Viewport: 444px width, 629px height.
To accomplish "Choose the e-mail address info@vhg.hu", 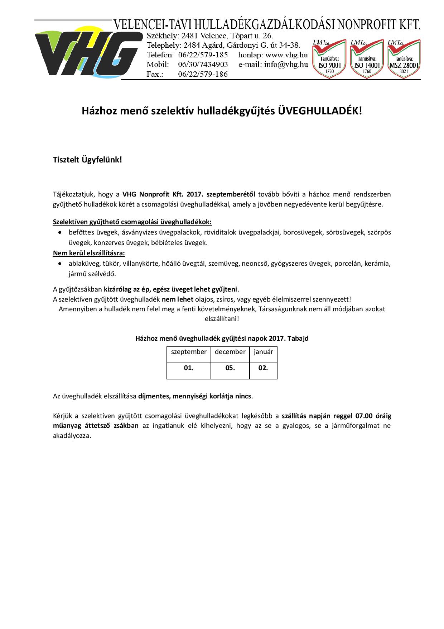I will [x=286, y=65].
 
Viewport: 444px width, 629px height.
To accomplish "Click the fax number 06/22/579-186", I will [x=203, y=74].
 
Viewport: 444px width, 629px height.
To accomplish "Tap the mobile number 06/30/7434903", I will [x=203, y=65].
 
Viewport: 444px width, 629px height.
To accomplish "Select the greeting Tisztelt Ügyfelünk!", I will [x=87, y=160].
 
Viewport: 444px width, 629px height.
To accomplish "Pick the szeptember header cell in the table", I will [x=189, y=352].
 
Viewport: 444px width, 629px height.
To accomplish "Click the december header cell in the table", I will [x=230, y=352].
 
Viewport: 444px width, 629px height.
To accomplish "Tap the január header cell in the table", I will [x=263, y=352].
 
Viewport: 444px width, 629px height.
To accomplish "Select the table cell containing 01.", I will [x=189, y=368].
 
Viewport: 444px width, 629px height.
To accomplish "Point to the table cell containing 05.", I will [x=230, y=368].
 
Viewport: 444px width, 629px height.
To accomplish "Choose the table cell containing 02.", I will [x=263, y=368].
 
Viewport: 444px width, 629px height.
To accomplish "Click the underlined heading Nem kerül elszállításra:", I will [x=89, y=253].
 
